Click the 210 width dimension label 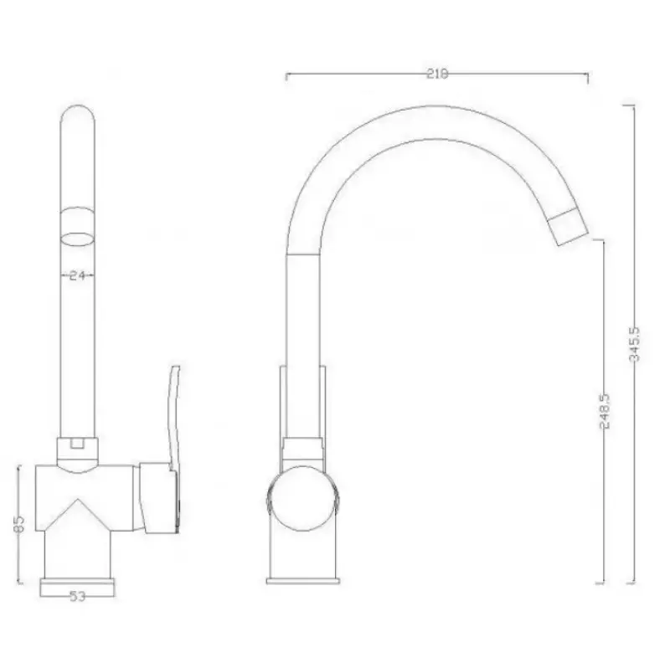[437, 74]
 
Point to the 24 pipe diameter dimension [78, 275]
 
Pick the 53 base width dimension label [78, 595]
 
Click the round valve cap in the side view [302, 501]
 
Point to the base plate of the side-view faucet [303, 580]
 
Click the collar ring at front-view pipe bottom [78, 446]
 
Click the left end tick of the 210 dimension [287, 77]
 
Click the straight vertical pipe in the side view [303, 335]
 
